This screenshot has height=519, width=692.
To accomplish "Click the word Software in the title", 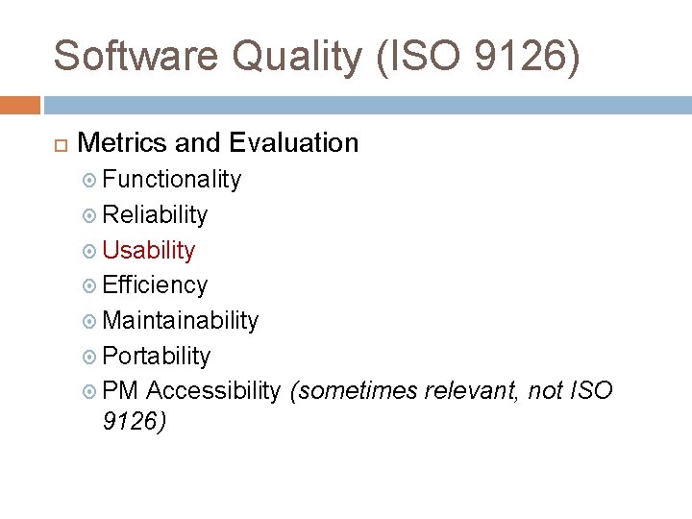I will (136, 56).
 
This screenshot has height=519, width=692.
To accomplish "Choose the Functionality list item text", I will (171, 179).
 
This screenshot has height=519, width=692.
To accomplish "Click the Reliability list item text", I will (155, 214).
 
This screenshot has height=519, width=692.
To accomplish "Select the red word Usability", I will (149, 250).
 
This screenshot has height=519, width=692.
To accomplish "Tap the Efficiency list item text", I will (155, 284).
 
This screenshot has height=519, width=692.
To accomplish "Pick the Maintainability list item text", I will (181, 320).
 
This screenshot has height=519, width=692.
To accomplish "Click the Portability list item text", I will (157, 356).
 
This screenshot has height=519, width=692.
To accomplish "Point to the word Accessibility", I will (214, 391).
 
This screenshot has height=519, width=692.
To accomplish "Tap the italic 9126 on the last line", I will (134, 422).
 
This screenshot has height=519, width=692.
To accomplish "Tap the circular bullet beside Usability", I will (89, 251).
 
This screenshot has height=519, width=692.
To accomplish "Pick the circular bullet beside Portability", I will (89, 357).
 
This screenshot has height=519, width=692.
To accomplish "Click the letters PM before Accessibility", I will (121, 391).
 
